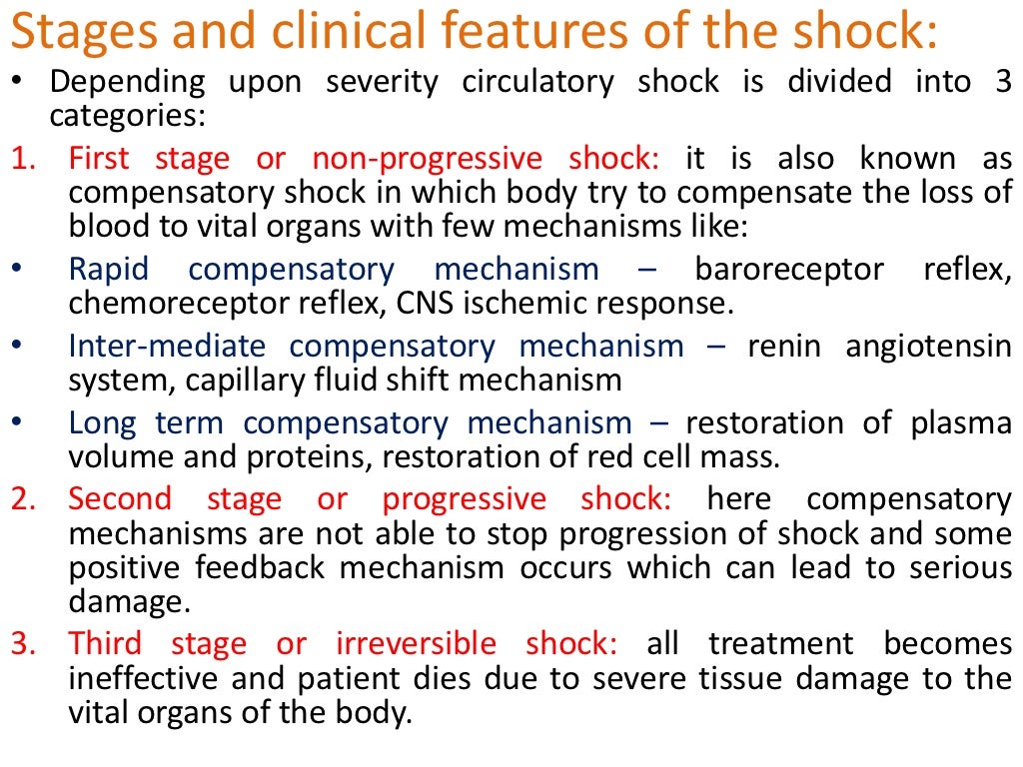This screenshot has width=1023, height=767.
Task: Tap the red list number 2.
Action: [x=21, y=498]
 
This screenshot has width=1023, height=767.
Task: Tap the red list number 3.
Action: [x=21, y=644]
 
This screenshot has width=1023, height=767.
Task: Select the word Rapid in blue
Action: [x=109, y=270]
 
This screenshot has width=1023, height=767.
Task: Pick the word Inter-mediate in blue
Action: [x=168, y=347]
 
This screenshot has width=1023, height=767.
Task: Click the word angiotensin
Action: [x=928, y=347]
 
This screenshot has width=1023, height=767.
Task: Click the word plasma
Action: [x=960, y=423]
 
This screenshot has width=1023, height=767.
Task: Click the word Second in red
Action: [x=120, y=498]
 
